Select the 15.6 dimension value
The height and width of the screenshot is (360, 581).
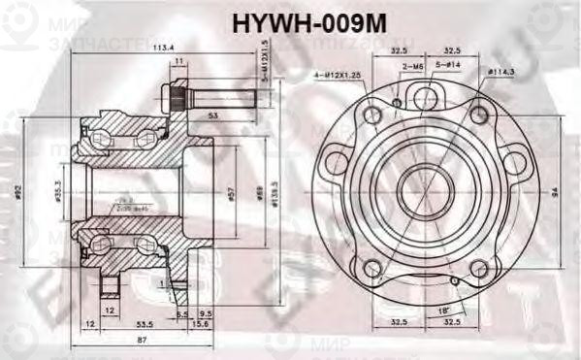coord(199,324)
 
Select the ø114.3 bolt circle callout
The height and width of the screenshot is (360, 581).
coord(500,72)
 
